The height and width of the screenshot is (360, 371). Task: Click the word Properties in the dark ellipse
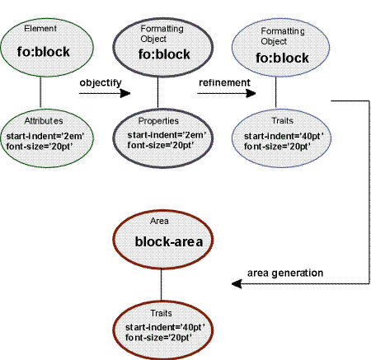tap(158, 121)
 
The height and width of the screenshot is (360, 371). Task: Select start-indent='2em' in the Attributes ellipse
tap(41, 134)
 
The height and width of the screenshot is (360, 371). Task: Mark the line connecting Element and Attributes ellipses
tap(42, 88)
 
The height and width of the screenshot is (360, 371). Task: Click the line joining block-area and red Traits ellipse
tap(162, 283)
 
